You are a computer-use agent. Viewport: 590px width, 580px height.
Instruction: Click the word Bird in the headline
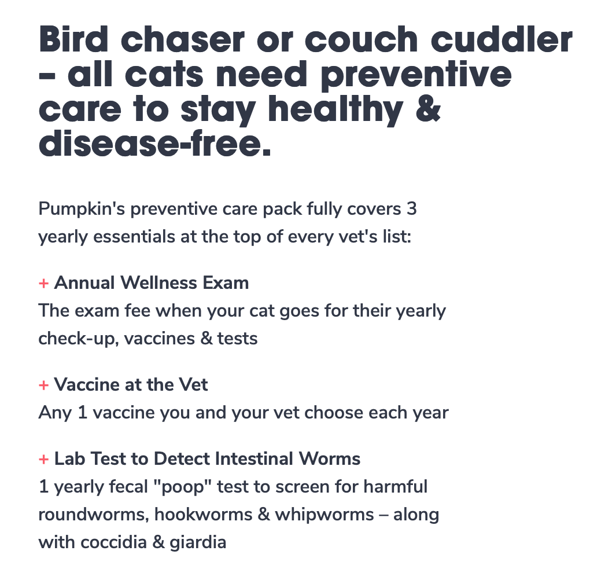(73, 39)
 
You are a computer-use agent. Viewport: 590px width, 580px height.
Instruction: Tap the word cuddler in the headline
(502, 39)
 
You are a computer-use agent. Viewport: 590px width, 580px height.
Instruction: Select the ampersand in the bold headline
(428, 109)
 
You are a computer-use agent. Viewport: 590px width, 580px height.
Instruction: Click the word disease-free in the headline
(154, 144)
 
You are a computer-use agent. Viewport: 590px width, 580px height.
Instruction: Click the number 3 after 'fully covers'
(412, 209)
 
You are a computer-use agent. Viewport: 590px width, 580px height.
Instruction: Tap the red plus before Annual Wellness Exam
(43, 283)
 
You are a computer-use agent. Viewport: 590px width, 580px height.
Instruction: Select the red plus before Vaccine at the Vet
(43, 386)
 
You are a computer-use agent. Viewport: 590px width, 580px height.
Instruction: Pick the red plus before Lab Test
(43, 459)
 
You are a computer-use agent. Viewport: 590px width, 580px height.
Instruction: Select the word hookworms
(203, 515)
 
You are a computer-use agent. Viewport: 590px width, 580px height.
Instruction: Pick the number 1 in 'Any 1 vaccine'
(82, 413)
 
